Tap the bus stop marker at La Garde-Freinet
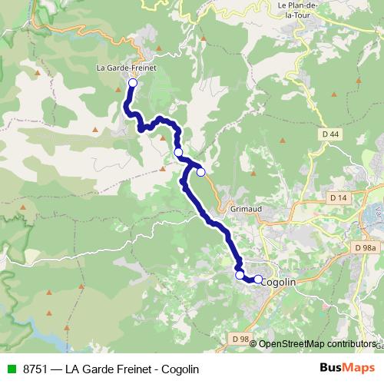[x=132, y=83]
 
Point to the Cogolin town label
[x=279, y=282]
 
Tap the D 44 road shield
[x=329, y=134]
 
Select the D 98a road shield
[x=366, y=247]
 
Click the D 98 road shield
[x=240, y=339]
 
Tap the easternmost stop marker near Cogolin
[x=258, y=279]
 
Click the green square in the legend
[x=10, y=369]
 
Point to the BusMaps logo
[x=347, y=369]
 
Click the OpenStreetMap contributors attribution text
[x=317, y=344]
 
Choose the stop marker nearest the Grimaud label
[x=201, y=172]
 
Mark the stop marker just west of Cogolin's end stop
[x=240, y=274]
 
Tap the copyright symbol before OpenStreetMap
[x=253, y=344]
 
